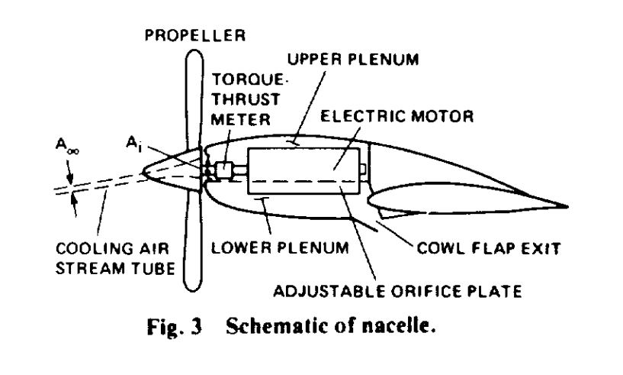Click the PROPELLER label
[x=194, y=35]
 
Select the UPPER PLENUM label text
[x=353, y=60]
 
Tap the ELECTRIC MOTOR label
[x=397, y=116]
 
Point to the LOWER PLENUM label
[x=280, y=247]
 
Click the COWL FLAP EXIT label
[x=488, y=248]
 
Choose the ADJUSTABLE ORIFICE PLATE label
[x=397, y=291]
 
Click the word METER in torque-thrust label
[x=240, y=119]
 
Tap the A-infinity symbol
[x=67, y=145]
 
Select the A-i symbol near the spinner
[x=133, y=144]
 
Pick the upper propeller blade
[x=194, y=99]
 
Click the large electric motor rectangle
[x=304, y=171]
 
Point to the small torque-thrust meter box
[x=223, y=171]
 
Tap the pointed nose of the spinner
[x=143, y=173]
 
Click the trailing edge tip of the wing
[x=567, y=207]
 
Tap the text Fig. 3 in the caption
[x=175, y=327]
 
